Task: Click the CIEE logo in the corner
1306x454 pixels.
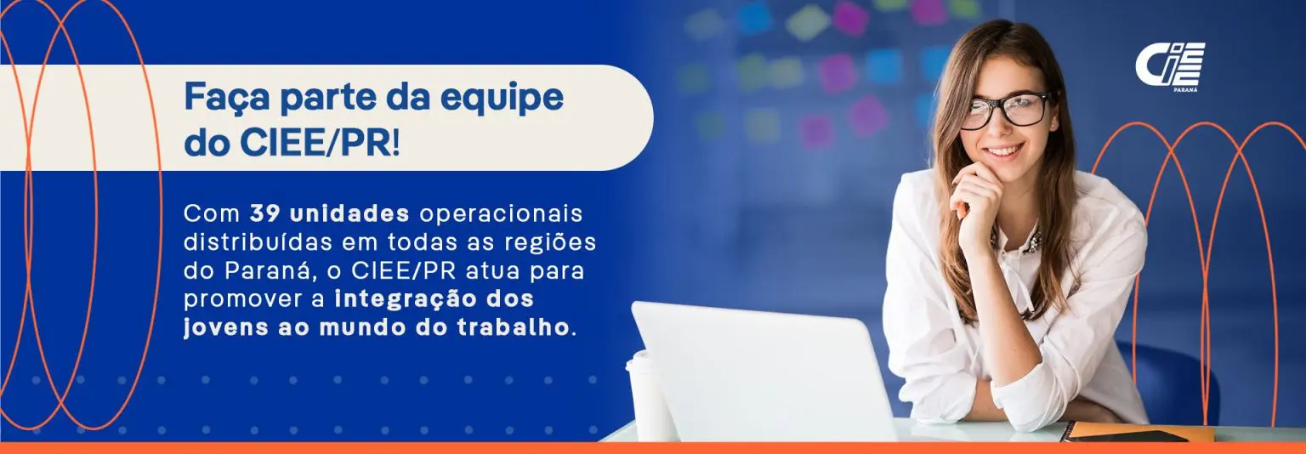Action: coord(1170,66)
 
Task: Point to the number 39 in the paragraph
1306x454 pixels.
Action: coord(266,214)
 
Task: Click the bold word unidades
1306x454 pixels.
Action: coord(349,214)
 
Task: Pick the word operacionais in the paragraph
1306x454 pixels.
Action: coord(501,215)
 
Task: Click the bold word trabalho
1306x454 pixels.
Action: coord(513,327)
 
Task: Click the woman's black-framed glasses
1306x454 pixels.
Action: coord(1007,111)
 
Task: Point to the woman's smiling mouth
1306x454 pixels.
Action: coord(1004,151)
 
